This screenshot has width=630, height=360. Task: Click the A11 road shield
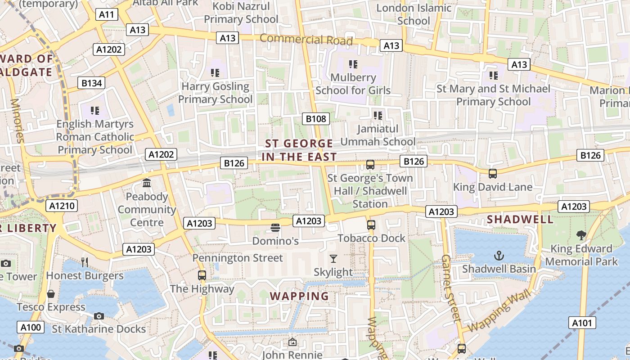[x=107, y=14]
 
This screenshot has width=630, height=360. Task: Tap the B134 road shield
[x=91, y=83]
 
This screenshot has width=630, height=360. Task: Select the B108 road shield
[x=315, y=119]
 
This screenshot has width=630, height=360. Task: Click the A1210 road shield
[x=62, y=206]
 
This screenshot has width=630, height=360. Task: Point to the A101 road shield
[x=582, y=323]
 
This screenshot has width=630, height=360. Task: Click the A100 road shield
[x=31, y=327]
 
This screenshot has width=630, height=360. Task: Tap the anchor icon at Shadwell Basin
[x=499, y=256]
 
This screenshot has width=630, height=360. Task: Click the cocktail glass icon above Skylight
[x=333, y=258]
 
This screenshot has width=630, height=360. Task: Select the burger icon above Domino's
[x=275, y=228]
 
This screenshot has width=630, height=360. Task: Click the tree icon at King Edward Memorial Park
[x=581, y=235]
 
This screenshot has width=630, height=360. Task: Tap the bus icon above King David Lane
[x=493, y=173]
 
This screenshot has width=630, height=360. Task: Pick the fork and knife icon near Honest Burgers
[x=84, y=262]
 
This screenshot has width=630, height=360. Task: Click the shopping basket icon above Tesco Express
[x=51, y=294]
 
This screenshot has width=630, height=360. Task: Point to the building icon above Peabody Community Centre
[x=147, y=183]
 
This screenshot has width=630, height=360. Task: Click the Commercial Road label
[x=306, y=39]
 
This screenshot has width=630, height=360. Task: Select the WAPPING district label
[x=299, y=296]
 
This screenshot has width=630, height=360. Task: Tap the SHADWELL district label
[x=520, y=220]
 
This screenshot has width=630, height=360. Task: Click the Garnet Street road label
[x=450, y=288]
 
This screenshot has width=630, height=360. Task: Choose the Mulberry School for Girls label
[x=353, y=84]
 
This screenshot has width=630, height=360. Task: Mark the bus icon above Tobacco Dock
[x=371, y=225]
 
